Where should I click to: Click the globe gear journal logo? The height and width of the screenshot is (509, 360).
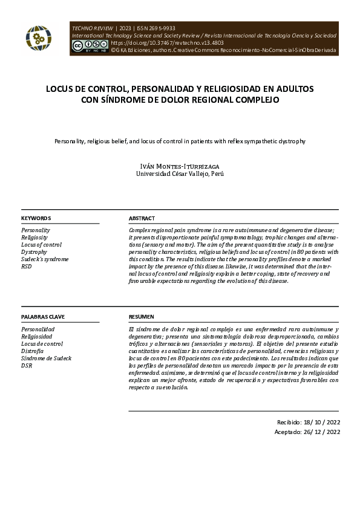[39, 38]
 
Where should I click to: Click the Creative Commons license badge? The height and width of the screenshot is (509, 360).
[90, 45]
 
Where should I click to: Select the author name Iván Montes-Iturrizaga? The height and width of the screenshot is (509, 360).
[180, 165]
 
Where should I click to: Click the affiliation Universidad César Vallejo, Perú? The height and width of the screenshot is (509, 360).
[180, 173]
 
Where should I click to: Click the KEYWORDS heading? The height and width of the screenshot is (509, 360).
[36, 218]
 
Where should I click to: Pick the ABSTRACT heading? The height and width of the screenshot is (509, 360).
[142, 218]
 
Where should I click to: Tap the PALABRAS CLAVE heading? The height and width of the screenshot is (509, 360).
[43, 317]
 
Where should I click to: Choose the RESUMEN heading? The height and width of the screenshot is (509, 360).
[142, 317]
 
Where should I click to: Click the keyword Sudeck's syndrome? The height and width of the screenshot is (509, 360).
[45, 259]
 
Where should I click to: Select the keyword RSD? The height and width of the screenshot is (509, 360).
[27, 266]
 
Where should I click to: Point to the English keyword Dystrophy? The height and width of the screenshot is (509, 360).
[34, 251]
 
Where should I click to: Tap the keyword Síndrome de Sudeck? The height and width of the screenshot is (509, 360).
[46, 358]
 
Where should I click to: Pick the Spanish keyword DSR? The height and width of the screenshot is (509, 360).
[27, 365]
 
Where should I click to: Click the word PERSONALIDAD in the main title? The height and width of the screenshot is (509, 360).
[169, 88]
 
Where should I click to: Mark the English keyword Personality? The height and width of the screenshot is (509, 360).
[36, 230]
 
